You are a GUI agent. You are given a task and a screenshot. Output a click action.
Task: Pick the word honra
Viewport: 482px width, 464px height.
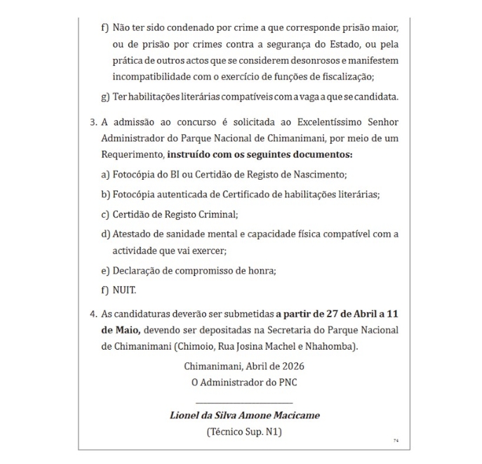pyautogui.click(x=260, y=270)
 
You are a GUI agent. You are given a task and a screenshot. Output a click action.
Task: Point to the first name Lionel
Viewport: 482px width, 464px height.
pyautogui.click(x=186, y=415)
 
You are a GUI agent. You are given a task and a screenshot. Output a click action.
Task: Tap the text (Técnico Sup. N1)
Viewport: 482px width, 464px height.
pyautogui.click(x=244, y=432)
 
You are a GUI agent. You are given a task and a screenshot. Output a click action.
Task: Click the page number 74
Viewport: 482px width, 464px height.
pyautogui.click(x=396, y=440)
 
